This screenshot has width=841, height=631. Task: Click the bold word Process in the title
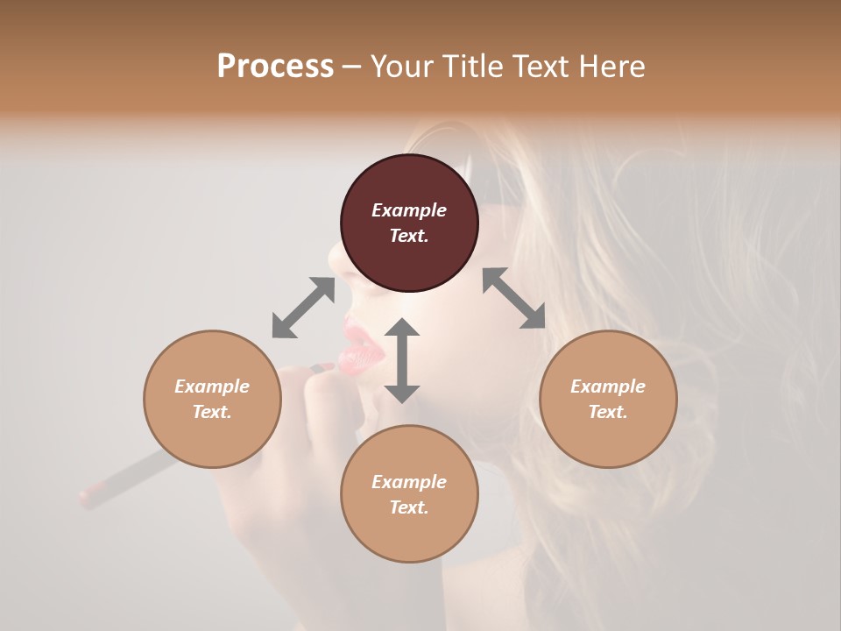[275, 67]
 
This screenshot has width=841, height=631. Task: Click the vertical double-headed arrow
[402, 360]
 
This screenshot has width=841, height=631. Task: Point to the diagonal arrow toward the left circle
[303, 308]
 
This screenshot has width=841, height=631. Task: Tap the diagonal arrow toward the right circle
[513, 298]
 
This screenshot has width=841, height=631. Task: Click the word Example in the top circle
[409, 210]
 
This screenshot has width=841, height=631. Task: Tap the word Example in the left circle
[212, 386]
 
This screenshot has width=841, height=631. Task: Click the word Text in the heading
[547, 67]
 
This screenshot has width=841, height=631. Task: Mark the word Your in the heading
[399, 67]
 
